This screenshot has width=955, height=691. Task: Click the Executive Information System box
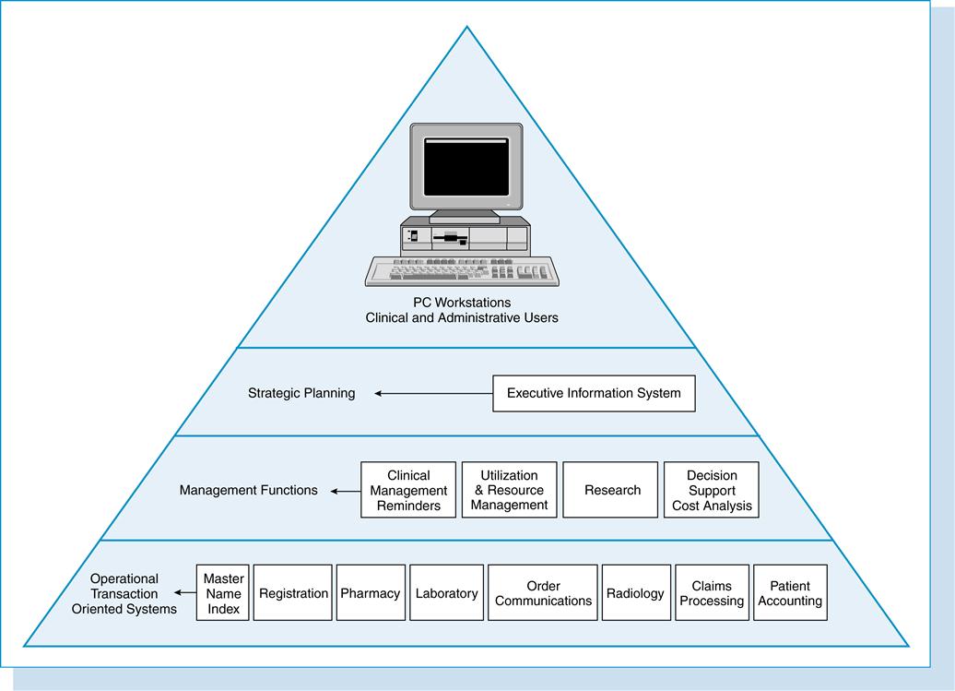(594, 393)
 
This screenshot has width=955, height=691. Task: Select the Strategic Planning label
(301, 393)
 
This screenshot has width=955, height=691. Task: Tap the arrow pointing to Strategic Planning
(433, 394)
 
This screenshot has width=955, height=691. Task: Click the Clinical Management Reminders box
(408, 490)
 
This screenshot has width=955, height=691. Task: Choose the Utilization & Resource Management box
(509, 490)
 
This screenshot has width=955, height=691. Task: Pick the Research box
(611, 490)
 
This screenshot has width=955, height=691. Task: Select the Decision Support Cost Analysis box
(712, 490)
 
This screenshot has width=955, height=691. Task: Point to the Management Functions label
(248, 490)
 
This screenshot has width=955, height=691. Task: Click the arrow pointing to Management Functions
(347, 491)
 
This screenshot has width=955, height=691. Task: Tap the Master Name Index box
(223, 593)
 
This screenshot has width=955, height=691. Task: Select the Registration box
(293, 593)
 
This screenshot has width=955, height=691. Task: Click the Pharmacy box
(371, 593)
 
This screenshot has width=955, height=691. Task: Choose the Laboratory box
(446, 593)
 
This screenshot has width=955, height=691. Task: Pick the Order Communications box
(543, 593)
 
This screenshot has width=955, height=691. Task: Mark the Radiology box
(635, 593)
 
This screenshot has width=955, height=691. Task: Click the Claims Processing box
(712, 593)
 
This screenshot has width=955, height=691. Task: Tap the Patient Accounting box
(790, 593)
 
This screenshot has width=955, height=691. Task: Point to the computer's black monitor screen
(466, 168)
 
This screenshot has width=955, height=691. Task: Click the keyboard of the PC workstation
(462, 271)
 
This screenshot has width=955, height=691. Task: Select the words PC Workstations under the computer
(462, 302)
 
